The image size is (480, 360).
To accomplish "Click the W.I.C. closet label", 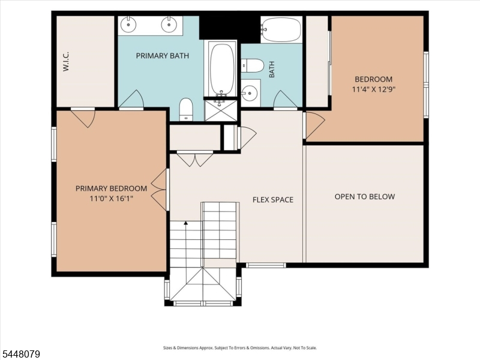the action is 66,62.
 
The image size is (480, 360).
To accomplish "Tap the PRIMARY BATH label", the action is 163,56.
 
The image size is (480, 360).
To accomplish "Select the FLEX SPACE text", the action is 273,200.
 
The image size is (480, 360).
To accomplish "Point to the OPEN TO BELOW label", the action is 365,197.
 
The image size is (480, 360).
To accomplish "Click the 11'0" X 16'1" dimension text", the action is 112,199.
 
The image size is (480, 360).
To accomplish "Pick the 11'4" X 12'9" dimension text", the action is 373,89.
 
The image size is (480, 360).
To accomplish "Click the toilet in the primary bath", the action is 185,109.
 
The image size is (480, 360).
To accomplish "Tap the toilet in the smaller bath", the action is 253,65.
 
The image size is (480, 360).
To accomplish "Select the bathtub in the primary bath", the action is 223,70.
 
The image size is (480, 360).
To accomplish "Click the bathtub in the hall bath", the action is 281,29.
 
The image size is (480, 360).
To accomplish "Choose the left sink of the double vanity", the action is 128,24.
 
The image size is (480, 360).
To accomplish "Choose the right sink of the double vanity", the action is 168,24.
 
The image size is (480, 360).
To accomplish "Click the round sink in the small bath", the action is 250,92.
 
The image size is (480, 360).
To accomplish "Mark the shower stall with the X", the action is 220,110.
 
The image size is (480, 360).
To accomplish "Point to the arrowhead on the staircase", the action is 185,223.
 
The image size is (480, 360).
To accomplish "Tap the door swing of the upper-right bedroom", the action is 316,125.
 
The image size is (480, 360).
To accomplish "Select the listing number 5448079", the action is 20,354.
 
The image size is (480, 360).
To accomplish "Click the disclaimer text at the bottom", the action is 240,348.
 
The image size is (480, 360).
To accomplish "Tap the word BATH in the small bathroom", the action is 272,70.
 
